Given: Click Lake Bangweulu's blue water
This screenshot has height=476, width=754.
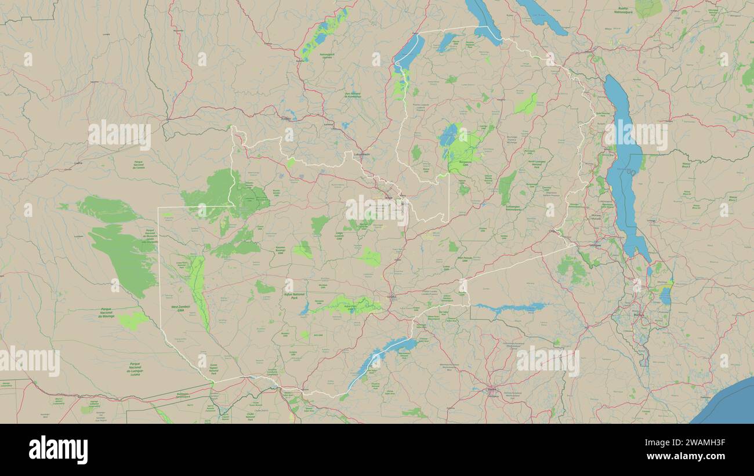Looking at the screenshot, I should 448,136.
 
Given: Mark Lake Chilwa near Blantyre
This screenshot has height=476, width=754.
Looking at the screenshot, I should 665,295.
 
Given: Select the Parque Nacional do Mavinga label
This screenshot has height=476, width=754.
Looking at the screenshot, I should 107,313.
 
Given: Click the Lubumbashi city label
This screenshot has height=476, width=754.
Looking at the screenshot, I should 362,154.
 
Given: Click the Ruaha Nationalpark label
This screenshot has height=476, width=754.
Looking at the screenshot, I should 623,10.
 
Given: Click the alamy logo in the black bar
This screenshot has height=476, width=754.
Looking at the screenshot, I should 58,450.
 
